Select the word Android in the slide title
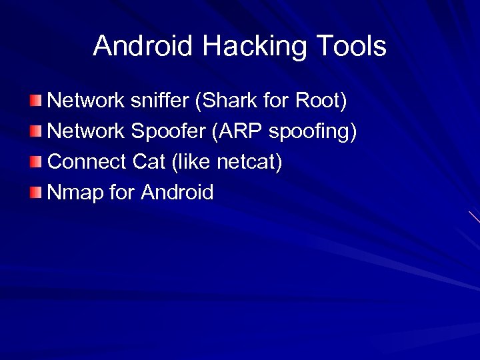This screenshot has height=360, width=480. [x=143, y=46]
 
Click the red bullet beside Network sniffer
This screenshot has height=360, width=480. [x=35, y=101]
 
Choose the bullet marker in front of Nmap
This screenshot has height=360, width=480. [x=35, y=193]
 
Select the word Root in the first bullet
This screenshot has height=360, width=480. [x=321, y=101]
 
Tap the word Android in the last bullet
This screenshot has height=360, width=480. [x=177, y=193]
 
